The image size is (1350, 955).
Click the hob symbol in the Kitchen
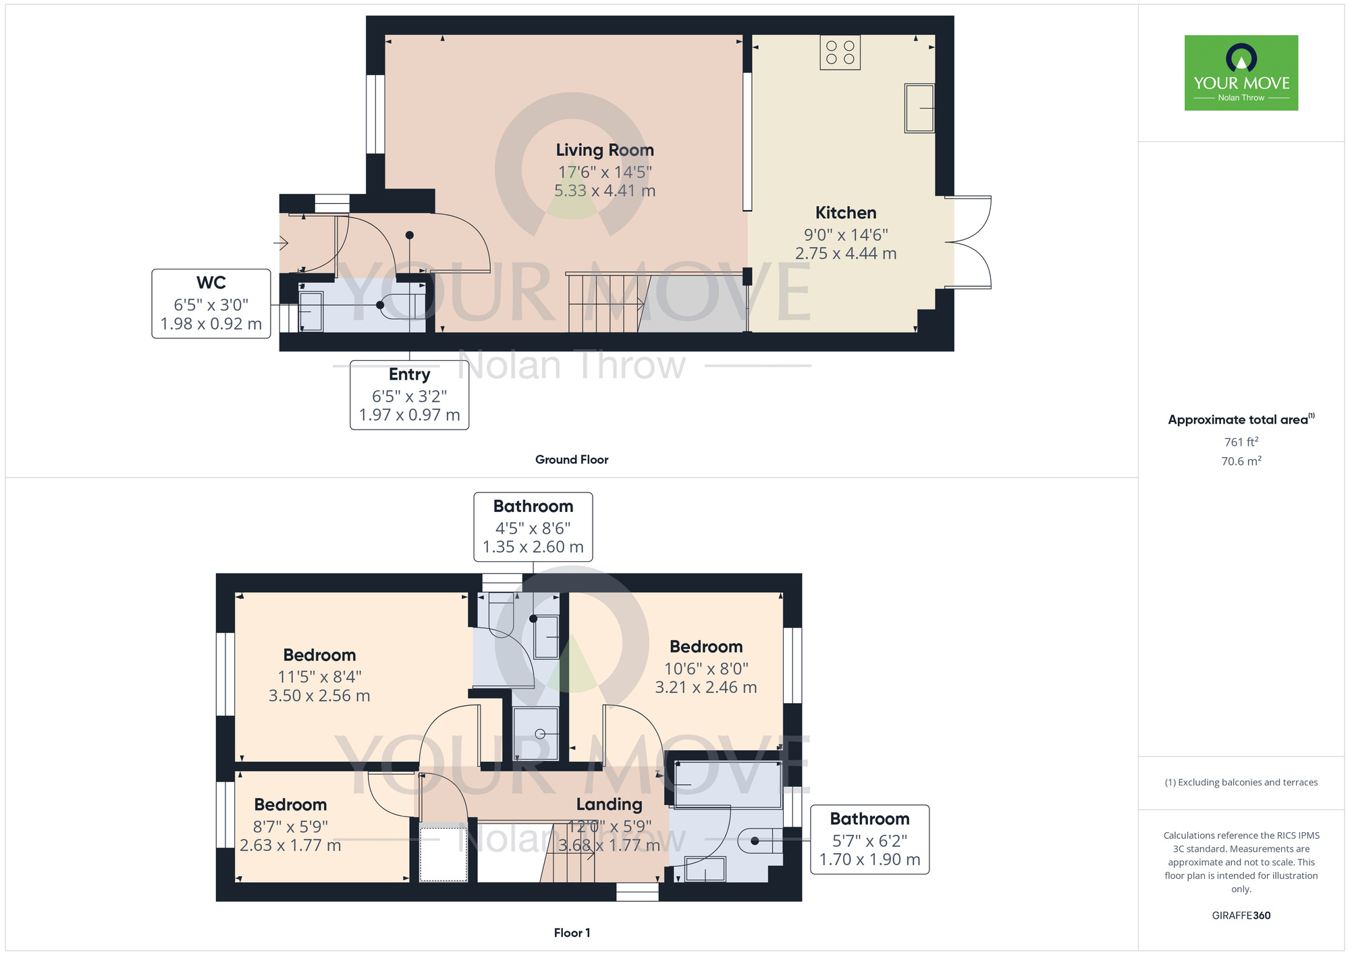(x=840, y=53)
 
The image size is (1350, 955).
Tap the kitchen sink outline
(x=919, y=108)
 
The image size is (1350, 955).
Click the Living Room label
(x=604, y=150)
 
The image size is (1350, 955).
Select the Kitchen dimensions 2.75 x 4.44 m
(x=845, y=254)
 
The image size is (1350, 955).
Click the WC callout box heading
(x=211, y=282)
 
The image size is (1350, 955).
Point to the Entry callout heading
(x=409, y=374)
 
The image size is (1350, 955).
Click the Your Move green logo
(x=1241, y=73)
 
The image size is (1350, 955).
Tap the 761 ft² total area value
(x=1241, y=442)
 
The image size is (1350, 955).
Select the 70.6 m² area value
(x=1241, y=461)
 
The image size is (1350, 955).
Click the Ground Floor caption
(x=571, y=459)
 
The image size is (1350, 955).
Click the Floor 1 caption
(x=571, y=933)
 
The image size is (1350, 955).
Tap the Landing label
(x=609, y=804)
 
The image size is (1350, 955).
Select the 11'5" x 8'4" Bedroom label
(x=319, y=655)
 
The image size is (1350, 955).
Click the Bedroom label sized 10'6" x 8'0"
(x=705, y=647)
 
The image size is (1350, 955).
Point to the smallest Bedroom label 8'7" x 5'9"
(x=290, y=805)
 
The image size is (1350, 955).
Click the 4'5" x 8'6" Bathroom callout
(x=533, y=527)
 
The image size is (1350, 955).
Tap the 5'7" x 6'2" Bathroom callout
(x=869, y=840)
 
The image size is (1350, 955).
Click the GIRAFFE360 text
(x=1241, y=916)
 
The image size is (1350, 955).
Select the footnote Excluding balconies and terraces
(x=1241, y=782)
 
